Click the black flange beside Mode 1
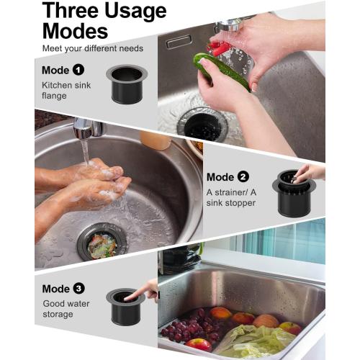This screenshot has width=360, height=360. (x=127, y=84)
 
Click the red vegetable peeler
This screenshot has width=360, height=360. (x=220, y=49)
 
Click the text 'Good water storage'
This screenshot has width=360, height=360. (x=65, y=310)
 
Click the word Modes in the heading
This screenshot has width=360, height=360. (x=75, y=31)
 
